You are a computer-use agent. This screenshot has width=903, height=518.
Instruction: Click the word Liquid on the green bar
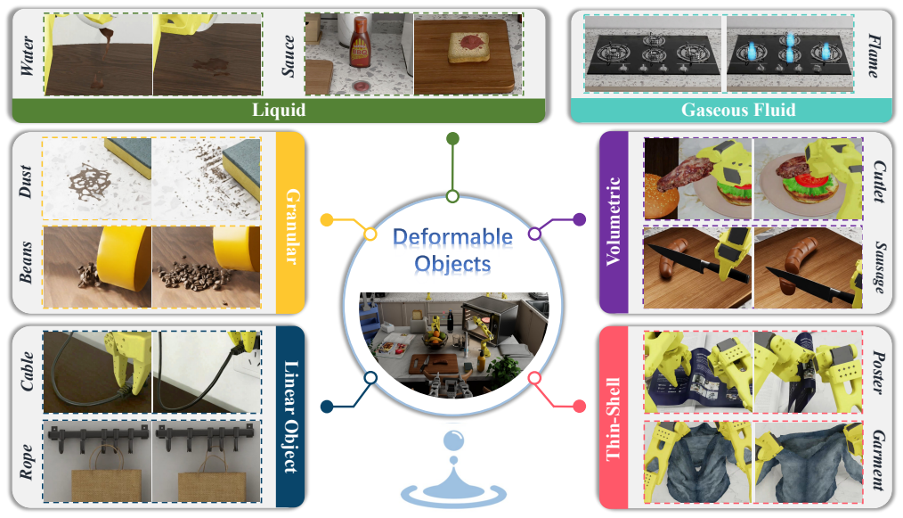pyautogui.click(x=279, y=110)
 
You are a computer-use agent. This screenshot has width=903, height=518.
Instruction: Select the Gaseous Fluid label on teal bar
pyautogui.click(x=738, y=110)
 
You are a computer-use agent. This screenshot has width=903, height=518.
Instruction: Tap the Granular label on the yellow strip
pyautogui.click(x=292, y=226)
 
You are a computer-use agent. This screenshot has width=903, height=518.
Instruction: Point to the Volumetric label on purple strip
pyautogui.click(x=614, y=221)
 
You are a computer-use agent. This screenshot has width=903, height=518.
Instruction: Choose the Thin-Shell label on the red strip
pyautogui.click(x=614, y=419)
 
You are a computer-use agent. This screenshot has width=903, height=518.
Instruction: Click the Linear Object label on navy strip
pyautogui.click(x=291, y=417)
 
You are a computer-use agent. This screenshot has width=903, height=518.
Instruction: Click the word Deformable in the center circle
pyautogui.click(x=452, y=236)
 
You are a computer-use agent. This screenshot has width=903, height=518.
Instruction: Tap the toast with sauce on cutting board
pyautogui.click(x=469, y=47)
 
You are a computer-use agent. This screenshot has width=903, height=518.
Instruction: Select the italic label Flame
pyautogui.click(x=875, y=55)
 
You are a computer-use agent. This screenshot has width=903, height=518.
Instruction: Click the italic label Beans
pyautogui.click(x=25, y=262)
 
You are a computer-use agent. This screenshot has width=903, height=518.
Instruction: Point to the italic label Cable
pyautogui.click(x=27, y=372)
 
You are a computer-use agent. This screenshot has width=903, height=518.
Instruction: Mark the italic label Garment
pyautogui.click(x=879, y=460)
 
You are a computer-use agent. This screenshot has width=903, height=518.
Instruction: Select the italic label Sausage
pyautogui.click(x=880, y=267)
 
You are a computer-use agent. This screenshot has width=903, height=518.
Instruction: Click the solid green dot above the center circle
pyautogui.click(x=452, y=138)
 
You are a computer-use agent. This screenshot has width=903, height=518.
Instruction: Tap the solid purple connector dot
pyautogui.click(x=580, y=219)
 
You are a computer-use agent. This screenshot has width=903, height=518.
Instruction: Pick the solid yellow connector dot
pyautogui.click(x=327, y=220)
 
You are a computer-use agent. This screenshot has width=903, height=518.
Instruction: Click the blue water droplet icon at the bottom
pyautogui.click(x=453, y=467)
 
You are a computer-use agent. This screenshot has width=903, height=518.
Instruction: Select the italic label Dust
pyautogui.click(x=25, y=181)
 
